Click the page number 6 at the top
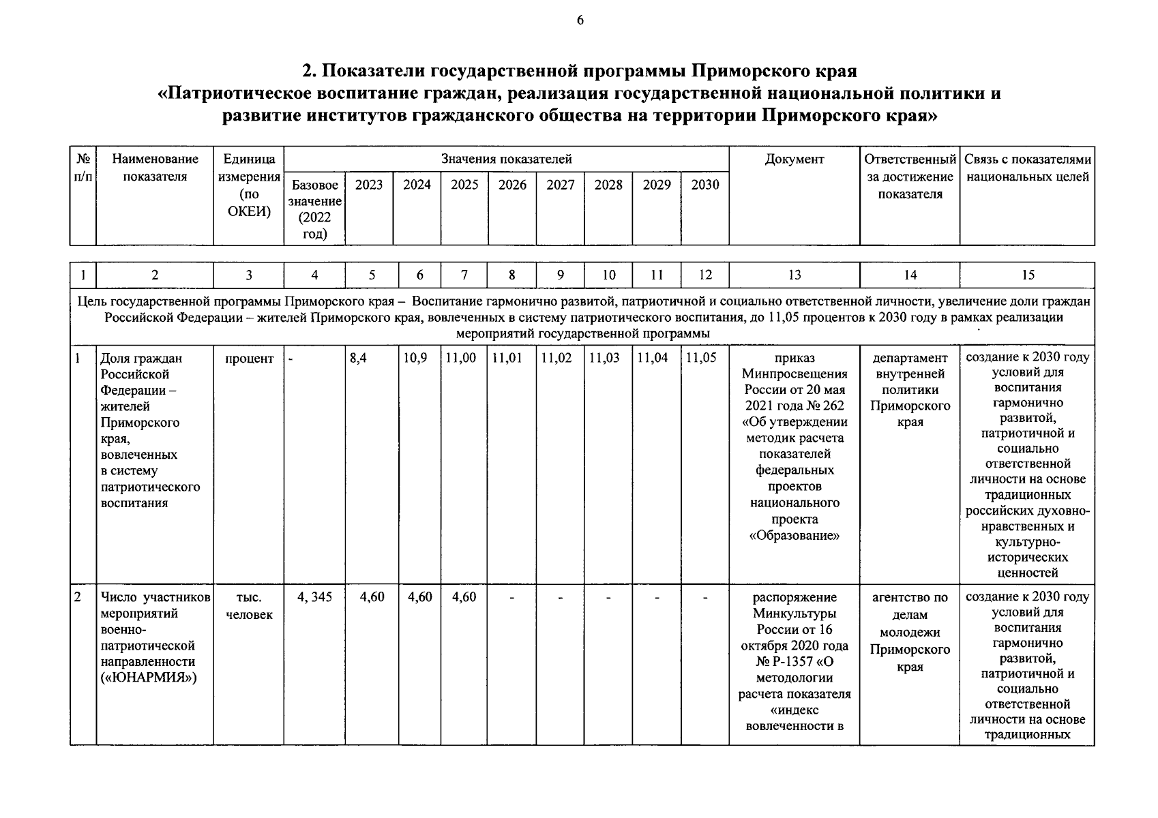point(580,20)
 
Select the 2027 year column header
point(560,185)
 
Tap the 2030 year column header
point(704,185)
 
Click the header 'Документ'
point(795,160)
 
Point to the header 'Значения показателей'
point(506,160)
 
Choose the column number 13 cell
point(795,275)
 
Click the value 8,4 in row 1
point(358,358)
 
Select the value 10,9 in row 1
point(415,358)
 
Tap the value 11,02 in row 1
point(557,358)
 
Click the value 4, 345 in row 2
point(314,597)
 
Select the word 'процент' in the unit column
point(249,359)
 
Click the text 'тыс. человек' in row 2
point(249,606)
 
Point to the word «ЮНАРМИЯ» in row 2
point(149,678)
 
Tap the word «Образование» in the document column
point(795,535)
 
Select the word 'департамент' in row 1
point(910,358)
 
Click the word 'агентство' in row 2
point(910,598)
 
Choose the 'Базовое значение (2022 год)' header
point(314,209)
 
